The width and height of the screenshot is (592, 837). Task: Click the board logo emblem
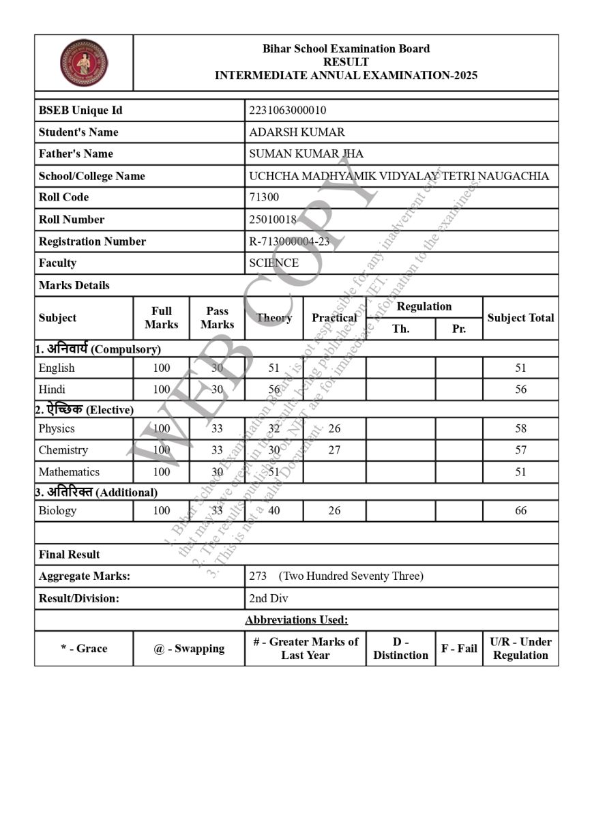click(x=83, y=62)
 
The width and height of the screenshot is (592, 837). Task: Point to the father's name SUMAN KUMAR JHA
click(x=306, y=154)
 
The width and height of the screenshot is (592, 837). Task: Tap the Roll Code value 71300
click(x=264, y=197)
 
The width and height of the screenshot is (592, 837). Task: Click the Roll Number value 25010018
click(x=273, y=220)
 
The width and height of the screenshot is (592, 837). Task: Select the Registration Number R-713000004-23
click(x=289, y=241)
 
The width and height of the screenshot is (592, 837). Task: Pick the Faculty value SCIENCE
click(x=273, y=263)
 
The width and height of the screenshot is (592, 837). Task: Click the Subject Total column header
click(x=520, y=318)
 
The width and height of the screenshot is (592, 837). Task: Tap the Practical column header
click(x=334, y=318)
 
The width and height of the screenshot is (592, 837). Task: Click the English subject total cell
click(x=520, y=368)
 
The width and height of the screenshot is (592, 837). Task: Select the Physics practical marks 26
click(x=334, y=428)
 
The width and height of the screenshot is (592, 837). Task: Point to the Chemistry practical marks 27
click(x=334, y=450)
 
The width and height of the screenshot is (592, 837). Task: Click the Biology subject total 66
click(x=520, y=511)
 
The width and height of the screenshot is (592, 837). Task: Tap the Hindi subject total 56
click(x=520, y=390)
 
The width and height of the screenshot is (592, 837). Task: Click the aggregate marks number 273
click(x=258, y=576)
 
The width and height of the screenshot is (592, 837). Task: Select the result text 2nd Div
click(x=269, y=598)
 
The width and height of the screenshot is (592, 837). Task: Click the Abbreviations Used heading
click(x=296, y=620)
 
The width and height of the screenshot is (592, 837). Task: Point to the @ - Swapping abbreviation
click(x=189, y=649)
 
